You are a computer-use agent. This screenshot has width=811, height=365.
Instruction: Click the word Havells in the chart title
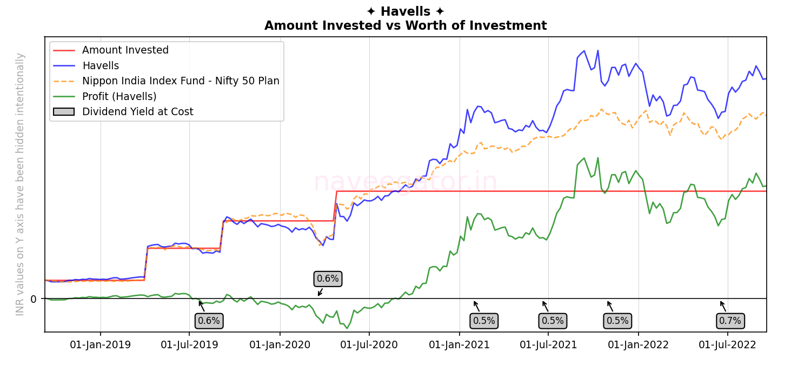405,11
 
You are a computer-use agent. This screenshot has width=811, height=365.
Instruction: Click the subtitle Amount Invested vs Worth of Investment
405,26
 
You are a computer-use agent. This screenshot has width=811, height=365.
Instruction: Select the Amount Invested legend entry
125,50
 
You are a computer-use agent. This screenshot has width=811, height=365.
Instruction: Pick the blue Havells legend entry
101,66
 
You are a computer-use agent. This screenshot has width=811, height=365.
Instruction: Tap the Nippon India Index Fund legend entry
181,81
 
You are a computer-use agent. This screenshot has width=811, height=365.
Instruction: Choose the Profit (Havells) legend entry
119,97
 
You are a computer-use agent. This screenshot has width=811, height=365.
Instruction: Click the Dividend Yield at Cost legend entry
137,112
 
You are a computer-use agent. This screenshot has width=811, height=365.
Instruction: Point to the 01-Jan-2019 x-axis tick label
101,345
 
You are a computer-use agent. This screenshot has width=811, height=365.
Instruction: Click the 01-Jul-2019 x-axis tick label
190,345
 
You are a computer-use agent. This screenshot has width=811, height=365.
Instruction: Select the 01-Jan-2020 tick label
280,345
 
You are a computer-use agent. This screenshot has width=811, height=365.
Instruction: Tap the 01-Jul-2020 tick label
369,345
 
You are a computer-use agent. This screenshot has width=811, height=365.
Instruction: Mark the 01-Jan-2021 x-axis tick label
460,345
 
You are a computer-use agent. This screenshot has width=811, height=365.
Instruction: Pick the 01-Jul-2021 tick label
548,345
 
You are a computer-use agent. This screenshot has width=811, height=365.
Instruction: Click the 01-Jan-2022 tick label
639,345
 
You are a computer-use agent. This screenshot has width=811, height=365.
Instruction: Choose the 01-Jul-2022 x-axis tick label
728,345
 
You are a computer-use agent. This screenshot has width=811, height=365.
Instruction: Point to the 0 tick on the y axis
34,299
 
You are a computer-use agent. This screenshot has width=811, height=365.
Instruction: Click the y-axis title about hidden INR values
21,184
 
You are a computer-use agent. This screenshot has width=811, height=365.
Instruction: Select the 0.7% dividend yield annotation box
730,321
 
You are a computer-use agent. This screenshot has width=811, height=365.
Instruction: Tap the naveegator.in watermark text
405,182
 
